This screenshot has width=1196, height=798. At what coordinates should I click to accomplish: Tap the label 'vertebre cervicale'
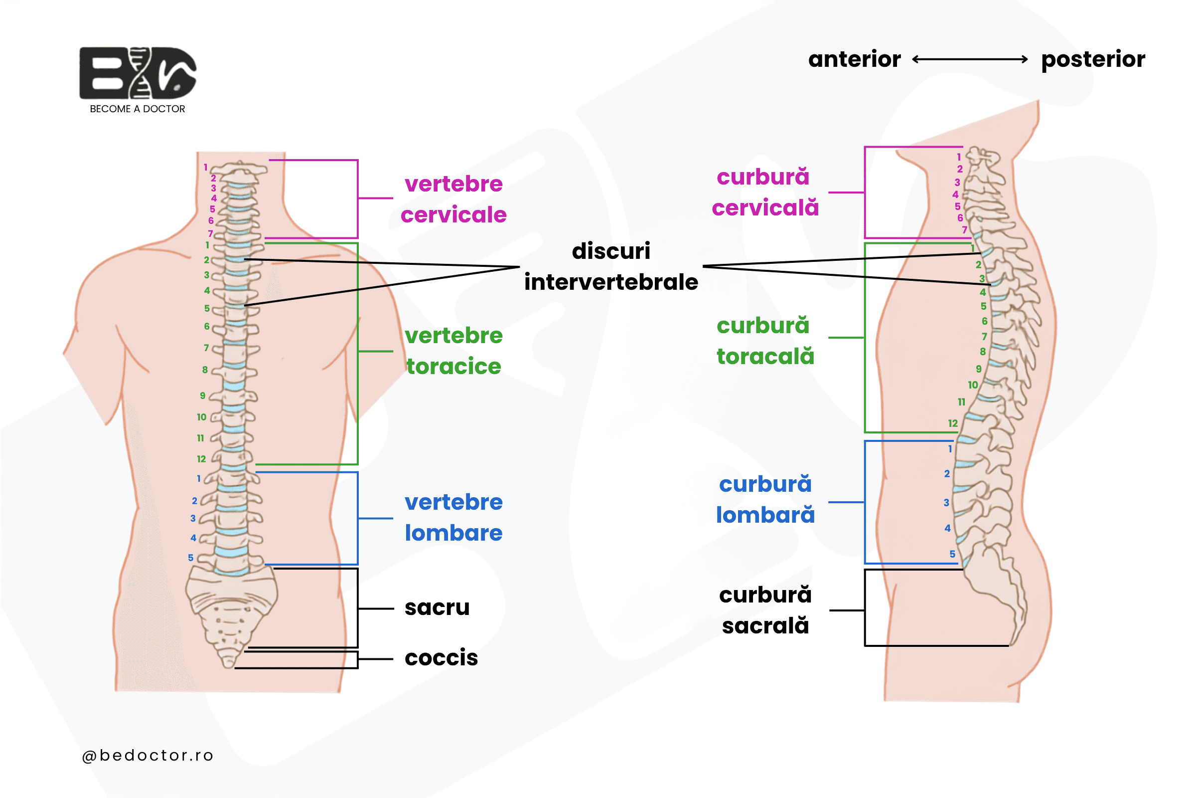pos(453,199)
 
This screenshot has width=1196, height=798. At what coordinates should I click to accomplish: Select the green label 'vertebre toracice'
pos(453,351)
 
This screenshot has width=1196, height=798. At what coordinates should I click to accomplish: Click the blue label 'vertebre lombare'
pos(453,518)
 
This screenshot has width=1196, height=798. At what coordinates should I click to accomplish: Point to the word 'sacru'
pos(437,607)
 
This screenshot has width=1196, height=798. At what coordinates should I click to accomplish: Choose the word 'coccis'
pos(442,657)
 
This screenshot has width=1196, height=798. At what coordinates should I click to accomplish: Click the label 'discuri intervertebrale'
pos(611,266)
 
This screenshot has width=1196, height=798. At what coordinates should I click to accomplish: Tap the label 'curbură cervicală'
pos(765,193)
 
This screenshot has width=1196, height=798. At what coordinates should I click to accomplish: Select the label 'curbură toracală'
pos(765,341)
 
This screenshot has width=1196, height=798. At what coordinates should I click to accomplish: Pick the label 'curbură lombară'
pos(765,500)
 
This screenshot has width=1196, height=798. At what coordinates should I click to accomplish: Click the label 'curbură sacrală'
pos(765,610)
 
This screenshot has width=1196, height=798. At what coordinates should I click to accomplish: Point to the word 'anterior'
pos(855,59)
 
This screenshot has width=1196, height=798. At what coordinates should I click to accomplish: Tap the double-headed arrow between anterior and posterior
pos(970,59)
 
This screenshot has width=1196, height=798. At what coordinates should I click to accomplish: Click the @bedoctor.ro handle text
pos(148,756)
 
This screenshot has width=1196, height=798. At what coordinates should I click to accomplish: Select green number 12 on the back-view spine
pos(201,459)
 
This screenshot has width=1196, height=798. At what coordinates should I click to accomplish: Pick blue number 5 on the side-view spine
pos(952,554)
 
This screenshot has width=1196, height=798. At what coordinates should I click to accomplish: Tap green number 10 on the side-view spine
pos(973,385)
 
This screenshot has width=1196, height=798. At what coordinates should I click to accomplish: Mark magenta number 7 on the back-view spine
pos(210,233)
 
